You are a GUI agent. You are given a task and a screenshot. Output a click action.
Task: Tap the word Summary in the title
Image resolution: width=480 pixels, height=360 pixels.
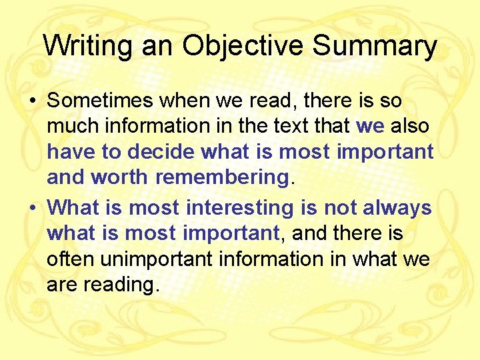pos(375,47)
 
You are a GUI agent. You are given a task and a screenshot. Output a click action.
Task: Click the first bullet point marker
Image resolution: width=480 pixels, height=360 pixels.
pos(33,101)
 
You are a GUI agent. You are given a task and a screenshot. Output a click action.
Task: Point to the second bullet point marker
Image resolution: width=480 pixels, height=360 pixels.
pos(33,208)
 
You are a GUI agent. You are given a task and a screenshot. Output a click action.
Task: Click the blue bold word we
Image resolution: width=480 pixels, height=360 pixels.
pos(371,126)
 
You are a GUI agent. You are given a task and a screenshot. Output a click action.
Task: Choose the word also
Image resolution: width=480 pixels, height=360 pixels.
pos(410,126)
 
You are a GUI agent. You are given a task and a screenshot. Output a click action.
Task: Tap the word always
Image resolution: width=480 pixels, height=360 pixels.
pos(397,208)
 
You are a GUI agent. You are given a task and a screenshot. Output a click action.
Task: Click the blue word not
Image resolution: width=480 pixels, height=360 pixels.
pos(341,208)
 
